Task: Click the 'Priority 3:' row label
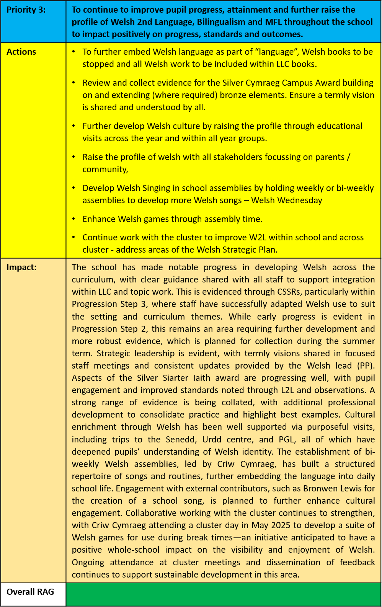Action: pos(26,10)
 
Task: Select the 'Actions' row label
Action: pos(21,52)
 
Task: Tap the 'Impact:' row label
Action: pos(22,268)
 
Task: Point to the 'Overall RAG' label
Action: pos(30,592)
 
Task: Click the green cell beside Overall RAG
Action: pos(224,594)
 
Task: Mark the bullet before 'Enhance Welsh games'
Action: pos(74,219)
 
